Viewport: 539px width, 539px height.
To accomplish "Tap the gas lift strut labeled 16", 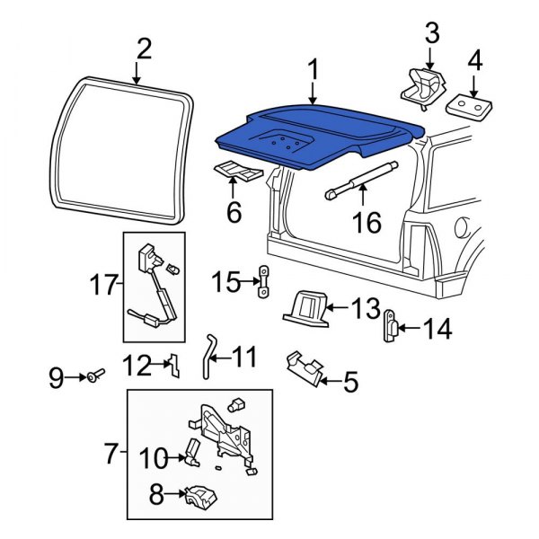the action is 362,181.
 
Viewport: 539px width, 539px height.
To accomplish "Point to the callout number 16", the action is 367,222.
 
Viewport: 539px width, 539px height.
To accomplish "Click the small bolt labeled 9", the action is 96,376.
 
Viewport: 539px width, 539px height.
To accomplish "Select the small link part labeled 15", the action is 263,282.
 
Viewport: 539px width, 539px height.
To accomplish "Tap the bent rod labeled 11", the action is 208,358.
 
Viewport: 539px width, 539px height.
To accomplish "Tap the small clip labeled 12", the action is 174,366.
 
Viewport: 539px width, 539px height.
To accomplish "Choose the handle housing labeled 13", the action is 305,308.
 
